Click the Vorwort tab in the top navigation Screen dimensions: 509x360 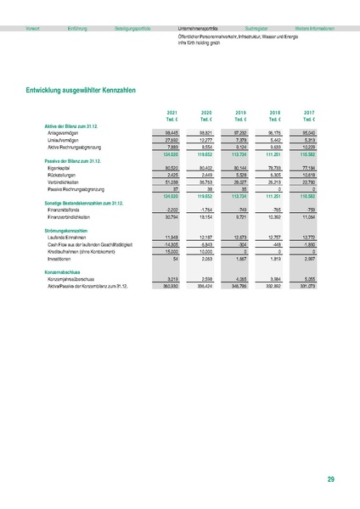click(x=33, y=28)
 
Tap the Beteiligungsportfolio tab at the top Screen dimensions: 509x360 click(x=132, y=28)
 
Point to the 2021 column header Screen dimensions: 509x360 click(x=172, y=112)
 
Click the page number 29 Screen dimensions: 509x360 click(x=330, y=480)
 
